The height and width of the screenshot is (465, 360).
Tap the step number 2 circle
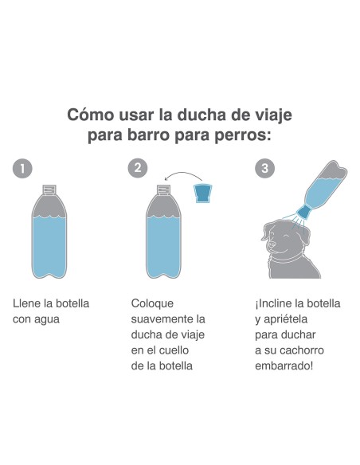point(139,168)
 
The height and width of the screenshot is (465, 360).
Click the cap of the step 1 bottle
point(49,190)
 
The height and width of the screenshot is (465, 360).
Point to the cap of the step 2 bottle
point(164,190)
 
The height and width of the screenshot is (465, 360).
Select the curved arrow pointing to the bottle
point(182,175)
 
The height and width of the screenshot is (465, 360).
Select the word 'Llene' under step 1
point(27,304)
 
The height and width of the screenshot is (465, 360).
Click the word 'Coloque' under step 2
point(152,304)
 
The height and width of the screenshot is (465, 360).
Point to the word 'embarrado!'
point(285,366)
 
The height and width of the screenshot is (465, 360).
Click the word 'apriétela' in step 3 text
point(290,320)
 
